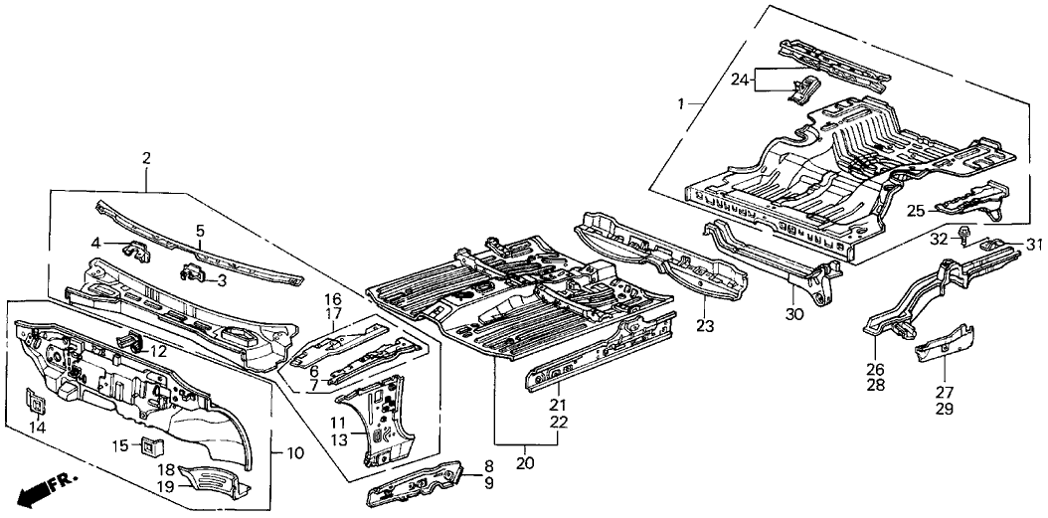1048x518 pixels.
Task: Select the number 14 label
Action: [x=38, y=427]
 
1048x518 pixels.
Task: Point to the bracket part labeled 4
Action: [x=135, y=249]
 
